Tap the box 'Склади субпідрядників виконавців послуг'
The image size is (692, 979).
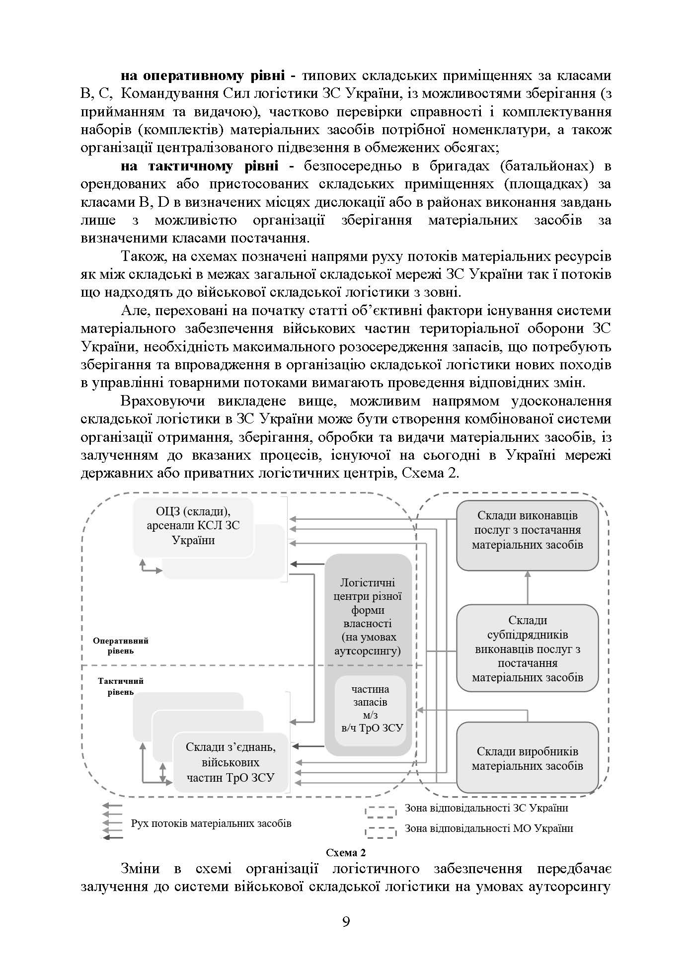(527, 648)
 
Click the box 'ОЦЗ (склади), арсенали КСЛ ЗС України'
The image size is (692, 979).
(194, 526)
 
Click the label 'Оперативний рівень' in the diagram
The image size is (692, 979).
(121, 646)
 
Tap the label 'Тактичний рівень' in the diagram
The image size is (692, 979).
(121, 686)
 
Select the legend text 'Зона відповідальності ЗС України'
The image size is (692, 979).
(486, 808)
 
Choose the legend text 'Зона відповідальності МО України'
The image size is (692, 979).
(489, 828)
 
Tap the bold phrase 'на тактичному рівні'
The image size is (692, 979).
(199, 166)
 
